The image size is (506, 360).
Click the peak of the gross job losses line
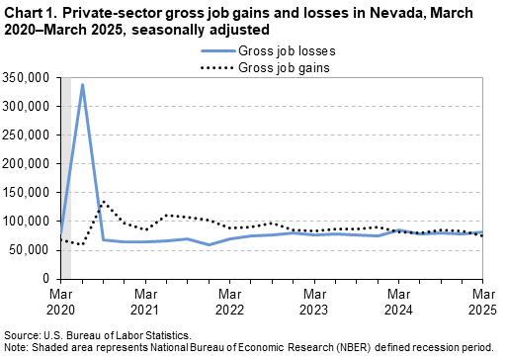pos(82,85)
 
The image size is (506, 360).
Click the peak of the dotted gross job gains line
pos(104,202)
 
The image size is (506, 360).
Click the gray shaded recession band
pos(66,178)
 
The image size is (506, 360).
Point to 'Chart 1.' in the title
pos(30,14)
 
